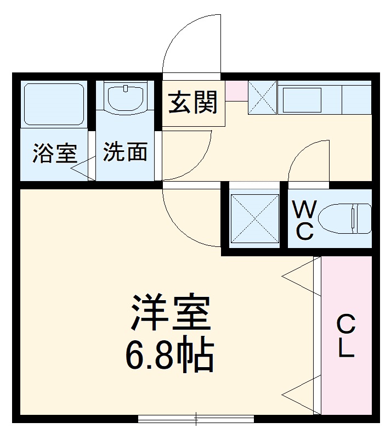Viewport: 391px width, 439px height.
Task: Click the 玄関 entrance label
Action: [x=193, y=103]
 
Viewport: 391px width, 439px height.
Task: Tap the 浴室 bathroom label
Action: [x=54, y=153]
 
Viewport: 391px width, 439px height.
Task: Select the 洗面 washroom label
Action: [x=125, y=152]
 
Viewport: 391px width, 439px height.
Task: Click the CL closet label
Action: [x=345, y=336]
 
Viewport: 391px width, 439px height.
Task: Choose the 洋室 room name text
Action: [x=170, y=312]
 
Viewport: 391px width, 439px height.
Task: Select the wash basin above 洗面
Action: [x=126, y=97]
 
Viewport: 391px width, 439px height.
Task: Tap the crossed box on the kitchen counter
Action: [x=263, y=98]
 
